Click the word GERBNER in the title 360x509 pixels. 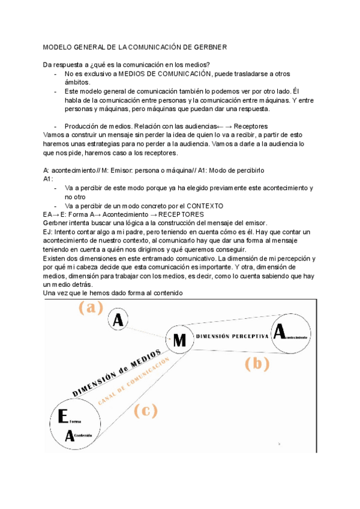211,47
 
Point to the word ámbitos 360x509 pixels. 77,82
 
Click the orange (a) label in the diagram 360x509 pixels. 91,308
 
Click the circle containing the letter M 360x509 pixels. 178,340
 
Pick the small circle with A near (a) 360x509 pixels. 118,321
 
